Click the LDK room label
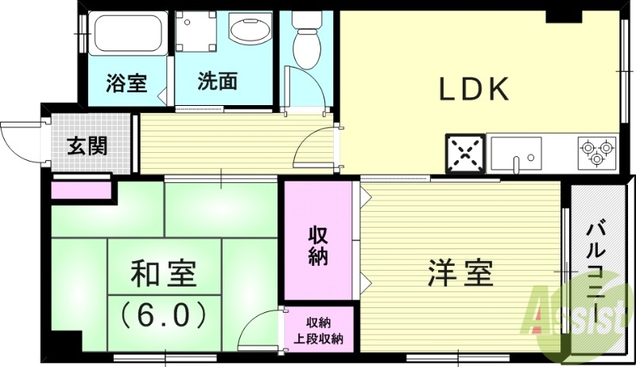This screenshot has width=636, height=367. pos(475,90)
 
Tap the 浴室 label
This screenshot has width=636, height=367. pos(126,83)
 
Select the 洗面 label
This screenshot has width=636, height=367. pos(217,83)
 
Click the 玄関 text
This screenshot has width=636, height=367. pos(87,147)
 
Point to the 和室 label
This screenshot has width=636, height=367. pos(164,275)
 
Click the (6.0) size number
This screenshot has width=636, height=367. pos(164,314)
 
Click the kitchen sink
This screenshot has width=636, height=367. pos(516,151)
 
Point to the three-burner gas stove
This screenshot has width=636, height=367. pos(597,151)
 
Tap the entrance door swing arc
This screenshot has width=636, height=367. pos(17,138)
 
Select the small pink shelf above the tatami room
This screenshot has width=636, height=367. pos(81,190)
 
